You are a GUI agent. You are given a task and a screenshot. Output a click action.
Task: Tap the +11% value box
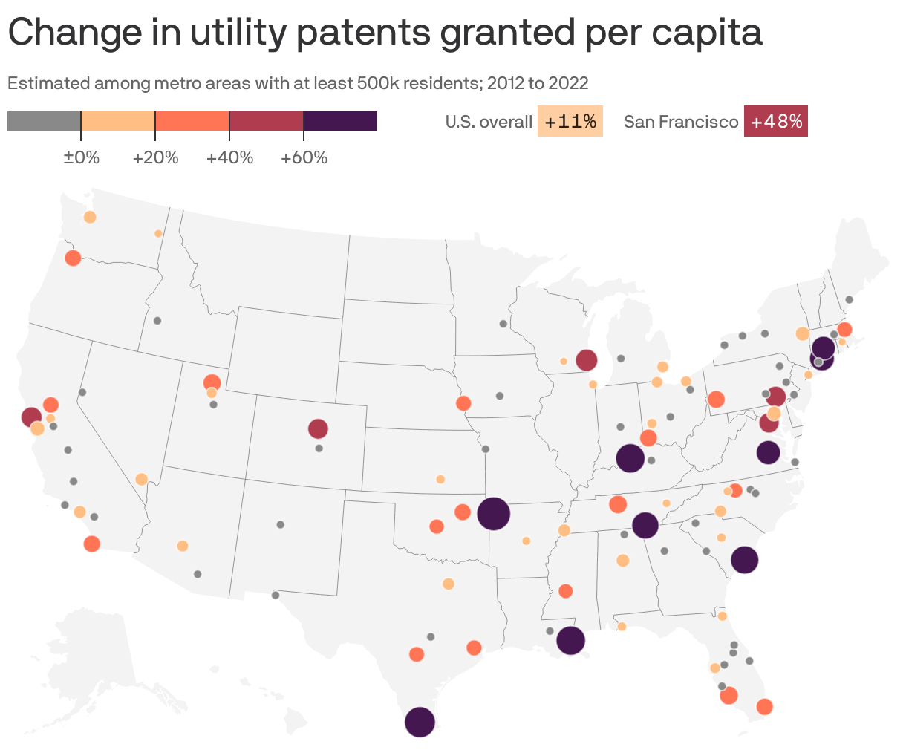point(570,122)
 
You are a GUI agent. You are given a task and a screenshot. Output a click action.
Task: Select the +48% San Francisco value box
point(776,122)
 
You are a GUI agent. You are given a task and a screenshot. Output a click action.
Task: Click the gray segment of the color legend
point(44,121)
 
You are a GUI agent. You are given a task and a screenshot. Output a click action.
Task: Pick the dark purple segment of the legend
point(340,121)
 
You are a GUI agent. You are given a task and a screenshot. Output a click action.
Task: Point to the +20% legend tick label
point(155,157)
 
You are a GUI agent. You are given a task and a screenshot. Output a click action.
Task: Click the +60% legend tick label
point(304,157)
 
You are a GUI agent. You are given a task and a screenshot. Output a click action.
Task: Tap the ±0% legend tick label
point(81,157)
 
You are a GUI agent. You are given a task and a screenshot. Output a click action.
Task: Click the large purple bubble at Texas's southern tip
point(420,722)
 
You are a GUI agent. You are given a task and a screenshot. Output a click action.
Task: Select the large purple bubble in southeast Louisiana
point(570,639)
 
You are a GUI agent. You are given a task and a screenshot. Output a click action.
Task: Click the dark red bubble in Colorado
point(318,428)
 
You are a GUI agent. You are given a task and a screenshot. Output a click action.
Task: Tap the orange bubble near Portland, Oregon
point(73,258)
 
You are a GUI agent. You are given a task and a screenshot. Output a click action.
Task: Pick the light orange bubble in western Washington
point(90,217)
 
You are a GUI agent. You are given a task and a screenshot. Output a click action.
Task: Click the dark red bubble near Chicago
point(587,360)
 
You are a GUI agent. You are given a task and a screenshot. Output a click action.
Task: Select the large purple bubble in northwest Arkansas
point(493,513)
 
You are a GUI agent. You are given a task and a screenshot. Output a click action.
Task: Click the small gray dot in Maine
point(850,299)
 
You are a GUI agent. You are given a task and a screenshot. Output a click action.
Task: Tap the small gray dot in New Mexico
point(280,524)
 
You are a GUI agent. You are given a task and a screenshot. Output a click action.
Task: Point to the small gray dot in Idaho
point(157,321)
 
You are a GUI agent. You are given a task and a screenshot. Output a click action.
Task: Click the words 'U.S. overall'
point(489,122)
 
